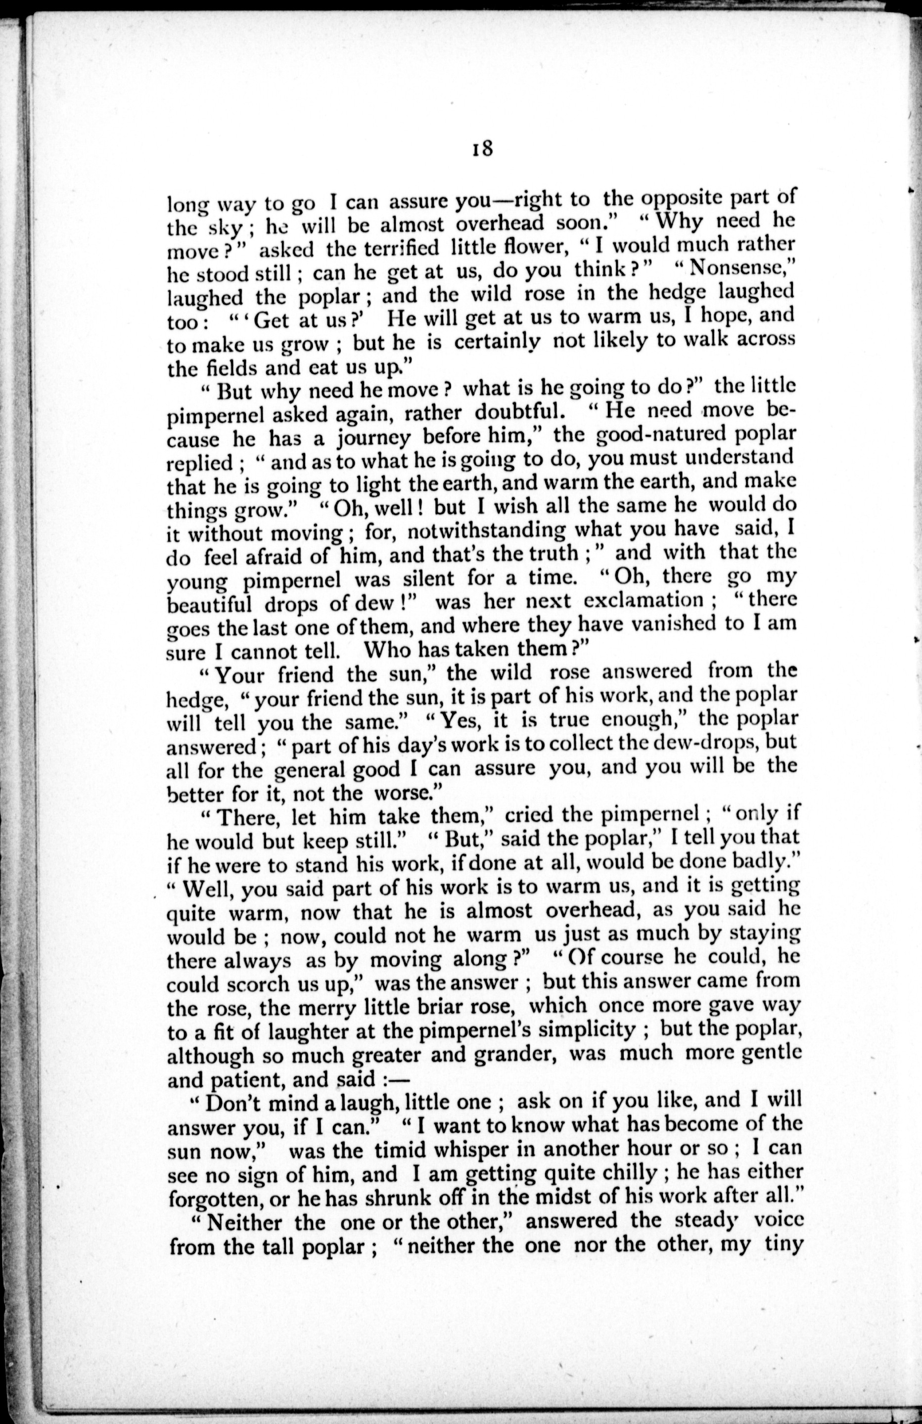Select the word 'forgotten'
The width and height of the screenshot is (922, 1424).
tap(215, 1197)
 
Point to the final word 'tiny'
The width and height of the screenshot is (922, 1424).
tap(782, 1245)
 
